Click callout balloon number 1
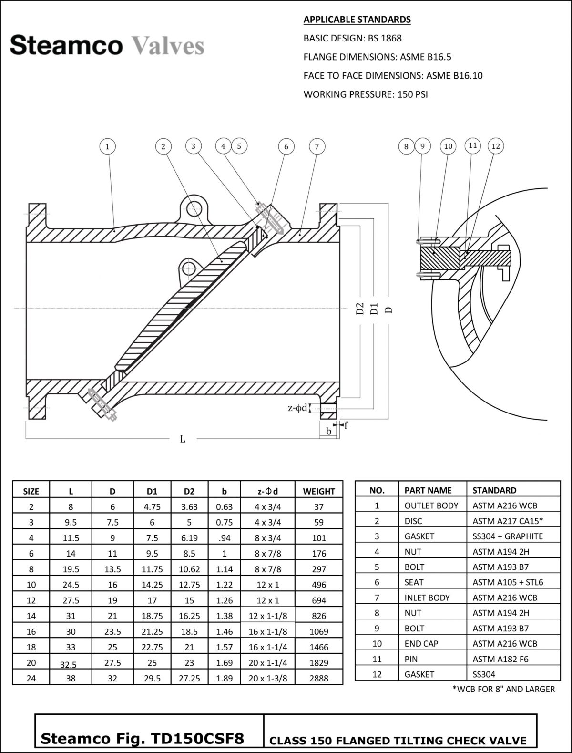point(108,146)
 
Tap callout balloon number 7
point(317,146)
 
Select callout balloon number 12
point(496,146)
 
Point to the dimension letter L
point(183,439)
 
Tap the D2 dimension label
point(360,309)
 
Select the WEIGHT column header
point(319,491)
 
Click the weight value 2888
point(319,678)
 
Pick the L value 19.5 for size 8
point(71,569)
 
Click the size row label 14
point(31,616)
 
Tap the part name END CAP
point(421,643)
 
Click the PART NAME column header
point(428,490)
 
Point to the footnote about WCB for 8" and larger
point(503,689)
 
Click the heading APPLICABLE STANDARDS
point(357,20)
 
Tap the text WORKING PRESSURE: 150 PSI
point(366,94)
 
